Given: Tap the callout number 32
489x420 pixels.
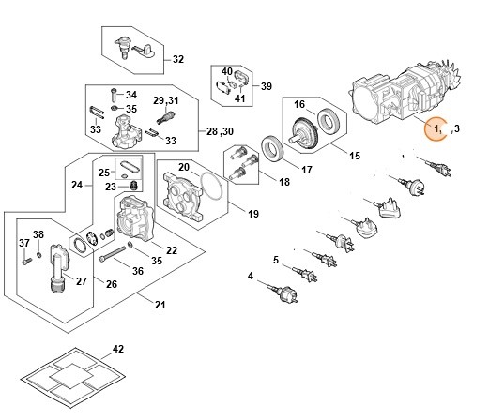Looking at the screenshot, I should [178, 59].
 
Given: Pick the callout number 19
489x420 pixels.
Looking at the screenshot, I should [226, 215].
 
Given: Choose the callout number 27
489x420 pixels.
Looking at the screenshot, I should [82, 280].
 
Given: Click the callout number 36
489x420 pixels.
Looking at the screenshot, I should [138, 271].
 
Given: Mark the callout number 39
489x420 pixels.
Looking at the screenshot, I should [266, 86].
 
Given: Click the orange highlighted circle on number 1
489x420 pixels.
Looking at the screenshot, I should [436, 127].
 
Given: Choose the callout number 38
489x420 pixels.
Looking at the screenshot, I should [38, 233].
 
